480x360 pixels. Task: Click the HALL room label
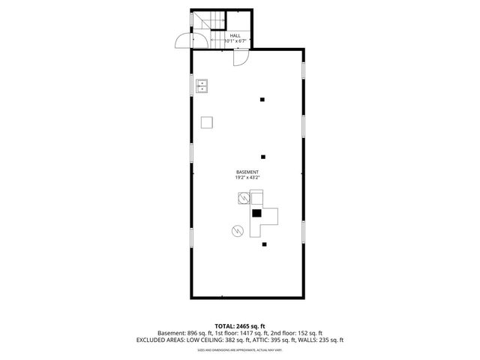[235, 35]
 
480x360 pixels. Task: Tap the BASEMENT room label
[247, 172]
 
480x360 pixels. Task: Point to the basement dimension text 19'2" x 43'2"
[247, 178]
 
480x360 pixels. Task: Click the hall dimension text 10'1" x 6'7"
[235, 41]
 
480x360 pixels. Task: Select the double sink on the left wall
[202, 86]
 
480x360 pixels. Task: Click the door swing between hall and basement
[240, 58]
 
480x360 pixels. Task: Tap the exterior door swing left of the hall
[182, 42]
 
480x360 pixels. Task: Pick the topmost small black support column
[262, 100]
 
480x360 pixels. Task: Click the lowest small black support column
[264, 244]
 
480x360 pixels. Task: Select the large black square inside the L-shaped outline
[256, 213]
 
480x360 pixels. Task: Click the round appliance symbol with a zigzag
[238, 230]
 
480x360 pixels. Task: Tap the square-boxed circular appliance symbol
[243, 199]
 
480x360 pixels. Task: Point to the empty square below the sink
[207, 122]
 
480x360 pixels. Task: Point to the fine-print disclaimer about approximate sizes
[239, 349]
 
